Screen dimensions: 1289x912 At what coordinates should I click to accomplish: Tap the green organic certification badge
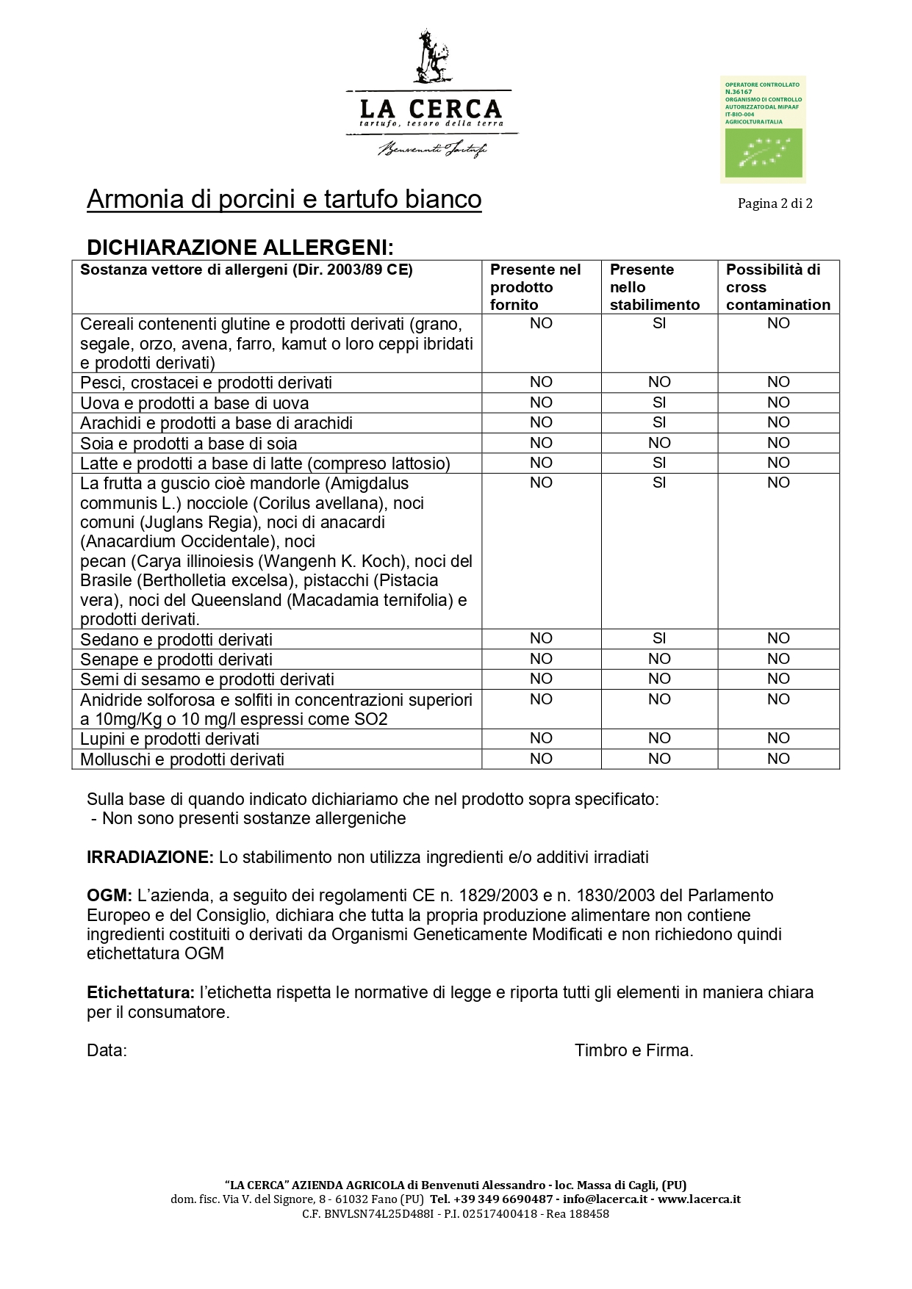click(x=763, y=129)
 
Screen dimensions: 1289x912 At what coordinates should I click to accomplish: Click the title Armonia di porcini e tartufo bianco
click(x=284, y=199)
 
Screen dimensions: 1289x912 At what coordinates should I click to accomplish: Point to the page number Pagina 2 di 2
click(x=775, y=203)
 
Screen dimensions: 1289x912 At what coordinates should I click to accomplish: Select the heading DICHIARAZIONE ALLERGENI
click(x=240, y=247)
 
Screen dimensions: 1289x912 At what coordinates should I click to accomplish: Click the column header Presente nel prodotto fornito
click(x=535, y=287)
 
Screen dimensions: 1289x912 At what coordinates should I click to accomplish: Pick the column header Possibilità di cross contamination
click(x=778, y=287)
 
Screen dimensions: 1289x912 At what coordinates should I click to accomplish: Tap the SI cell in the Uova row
click(x=659, y=402)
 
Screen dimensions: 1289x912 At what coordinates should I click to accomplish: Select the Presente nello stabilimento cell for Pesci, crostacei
click(x=659, y=382)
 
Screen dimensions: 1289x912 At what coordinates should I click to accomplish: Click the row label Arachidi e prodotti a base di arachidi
click(x=216, y=423)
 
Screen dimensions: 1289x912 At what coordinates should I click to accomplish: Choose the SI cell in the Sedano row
click(x=659, y=638)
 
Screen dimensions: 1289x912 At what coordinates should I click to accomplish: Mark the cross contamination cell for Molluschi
click(x=778, y=759)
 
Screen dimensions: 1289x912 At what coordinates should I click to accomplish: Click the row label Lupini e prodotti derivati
click(x=170, y=739)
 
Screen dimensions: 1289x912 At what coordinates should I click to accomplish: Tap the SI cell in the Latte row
click(x=659, y=463)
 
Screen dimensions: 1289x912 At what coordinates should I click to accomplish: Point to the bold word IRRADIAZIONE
click(x=150, y=857)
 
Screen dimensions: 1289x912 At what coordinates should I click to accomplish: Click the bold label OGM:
click(x=109, y=895)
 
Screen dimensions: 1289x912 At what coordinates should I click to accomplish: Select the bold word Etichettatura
click(x=140, y=992)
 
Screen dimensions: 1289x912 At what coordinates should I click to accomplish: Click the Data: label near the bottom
click(x=107, y=1050)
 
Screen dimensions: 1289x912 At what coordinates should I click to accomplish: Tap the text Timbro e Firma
click(x=633, y=1050)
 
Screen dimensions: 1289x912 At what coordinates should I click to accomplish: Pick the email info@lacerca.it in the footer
click(x=605, y=1199)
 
